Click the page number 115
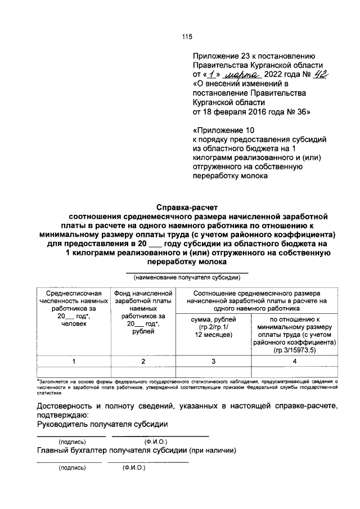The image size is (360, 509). pos(187,37)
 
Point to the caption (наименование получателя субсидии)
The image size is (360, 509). pos(187,277)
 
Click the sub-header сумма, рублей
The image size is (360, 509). pos(213,320)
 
